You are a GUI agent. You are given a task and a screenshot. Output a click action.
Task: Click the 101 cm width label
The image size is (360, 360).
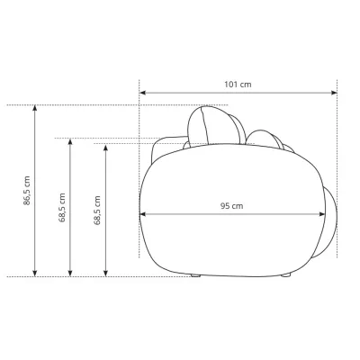coord(238,85)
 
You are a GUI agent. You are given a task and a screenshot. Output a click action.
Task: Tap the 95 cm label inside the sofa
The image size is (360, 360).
coord(232,206)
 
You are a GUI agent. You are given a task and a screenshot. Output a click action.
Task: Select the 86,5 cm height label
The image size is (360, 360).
coord(27,191)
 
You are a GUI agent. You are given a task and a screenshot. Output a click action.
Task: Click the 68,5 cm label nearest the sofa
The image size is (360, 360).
coord(97,210)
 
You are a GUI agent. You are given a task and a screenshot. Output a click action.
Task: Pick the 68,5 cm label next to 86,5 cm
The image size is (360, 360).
coord(62,207)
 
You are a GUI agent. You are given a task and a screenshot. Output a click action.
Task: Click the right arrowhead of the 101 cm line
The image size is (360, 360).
coord(334,93)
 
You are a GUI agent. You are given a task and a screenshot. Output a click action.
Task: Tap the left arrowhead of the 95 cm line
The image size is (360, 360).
coord(143,214)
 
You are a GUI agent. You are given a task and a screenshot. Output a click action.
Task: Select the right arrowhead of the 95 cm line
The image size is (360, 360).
coord(322,214)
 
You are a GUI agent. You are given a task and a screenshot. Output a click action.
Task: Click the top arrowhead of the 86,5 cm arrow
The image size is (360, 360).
coord(35,108)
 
